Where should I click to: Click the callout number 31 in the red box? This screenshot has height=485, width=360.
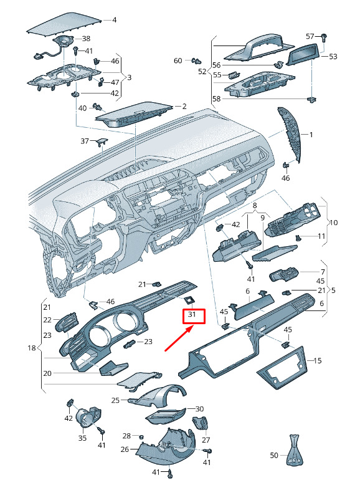(x=192, y=314)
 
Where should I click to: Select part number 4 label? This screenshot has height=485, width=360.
(x=115, y=20)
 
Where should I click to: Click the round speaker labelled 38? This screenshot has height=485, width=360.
(x=64, y=41)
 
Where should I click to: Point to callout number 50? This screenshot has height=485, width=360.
(x=274, y=455)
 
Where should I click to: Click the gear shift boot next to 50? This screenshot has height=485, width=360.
(x=294, y=450)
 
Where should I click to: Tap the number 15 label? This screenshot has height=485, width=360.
(x=318, y=361)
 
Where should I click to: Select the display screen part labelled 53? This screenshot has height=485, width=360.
(x=304, y=54)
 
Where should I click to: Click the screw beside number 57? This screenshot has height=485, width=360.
(x=324, y=38)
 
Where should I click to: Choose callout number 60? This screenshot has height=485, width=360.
(x=178, y=60)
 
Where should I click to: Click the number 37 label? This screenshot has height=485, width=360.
(x=85, y=142)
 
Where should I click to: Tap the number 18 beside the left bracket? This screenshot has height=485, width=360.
(x=32, y=348)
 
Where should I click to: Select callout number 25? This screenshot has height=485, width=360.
(x=115, y=401)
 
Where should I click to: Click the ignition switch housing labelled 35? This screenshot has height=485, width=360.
(x=88, y=417)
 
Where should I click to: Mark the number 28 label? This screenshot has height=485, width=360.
(x=126, y=436)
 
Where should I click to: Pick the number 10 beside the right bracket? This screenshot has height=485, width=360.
(x=334, y=223)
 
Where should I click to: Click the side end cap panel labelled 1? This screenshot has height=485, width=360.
(x=290, y=135)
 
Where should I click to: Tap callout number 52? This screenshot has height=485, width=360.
(x=202, y=72)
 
